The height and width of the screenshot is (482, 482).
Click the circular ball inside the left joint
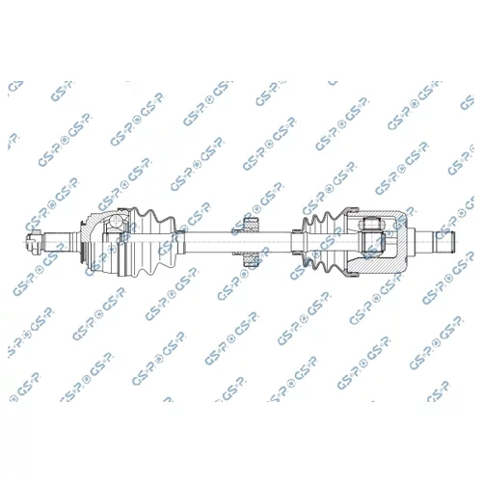click(x=116, y=221)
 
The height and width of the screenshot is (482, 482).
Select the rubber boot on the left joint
click(x=152, y=243)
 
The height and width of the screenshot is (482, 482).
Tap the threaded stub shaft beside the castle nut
click(x=57, y=242)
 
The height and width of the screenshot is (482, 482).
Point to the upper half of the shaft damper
click(x=251, y=224)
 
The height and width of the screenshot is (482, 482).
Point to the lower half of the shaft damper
click(x=251, y=260)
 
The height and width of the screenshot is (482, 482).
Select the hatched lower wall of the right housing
click(x=379, y=263)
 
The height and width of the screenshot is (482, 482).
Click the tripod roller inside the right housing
click(x=373, y=238)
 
